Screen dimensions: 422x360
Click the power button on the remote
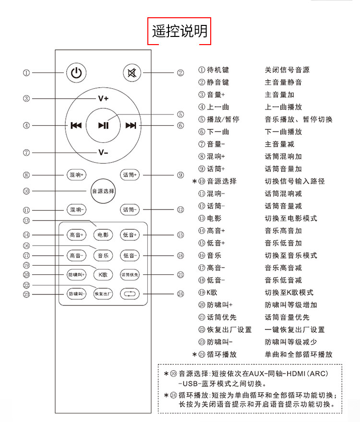[76, 73]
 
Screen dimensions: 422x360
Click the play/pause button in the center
[103, 126]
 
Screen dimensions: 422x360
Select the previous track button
[76, 126]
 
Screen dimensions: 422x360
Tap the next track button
[131, 126]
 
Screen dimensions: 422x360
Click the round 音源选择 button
[103, 191]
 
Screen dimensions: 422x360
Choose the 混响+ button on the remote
[76, 175]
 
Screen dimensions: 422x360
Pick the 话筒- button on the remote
[130, 210]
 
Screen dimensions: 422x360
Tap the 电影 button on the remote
[103, 235]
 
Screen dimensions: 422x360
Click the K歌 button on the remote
[103, 275]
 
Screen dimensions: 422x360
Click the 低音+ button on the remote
[130, 235]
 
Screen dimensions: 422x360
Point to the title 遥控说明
[180, 31]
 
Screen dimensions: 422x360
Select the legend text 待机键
[218, 70]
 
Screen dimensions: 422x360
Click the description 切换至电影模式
[291, 218]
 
